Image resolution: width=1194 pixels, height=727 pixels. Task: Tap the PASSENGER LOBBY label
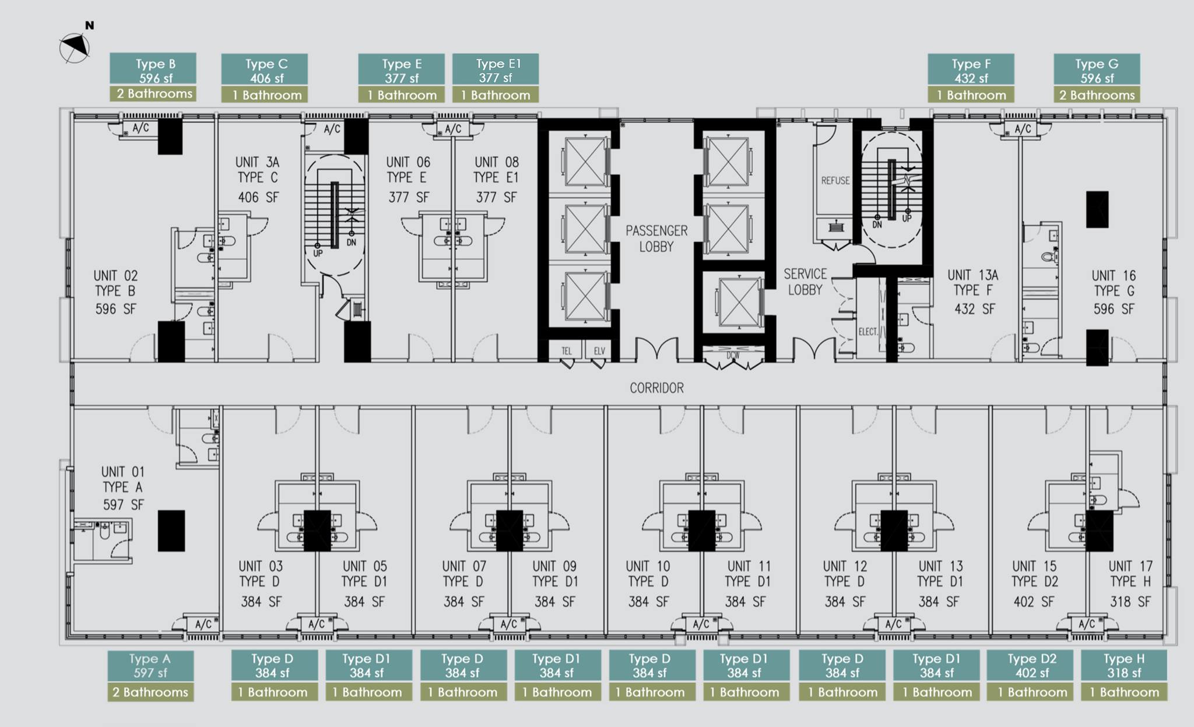tap(656, 238)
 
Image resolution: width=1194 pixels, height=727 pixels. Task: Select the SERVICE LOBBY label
tap(805, 282)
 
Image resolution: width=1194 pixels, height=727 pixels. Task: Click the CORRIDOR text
tap(656, 388)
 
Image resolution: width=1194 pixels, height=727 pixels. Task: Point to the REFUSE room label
tap(835, 181)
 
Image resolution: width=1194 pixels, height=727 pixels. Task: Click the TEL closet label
tap(567, 351)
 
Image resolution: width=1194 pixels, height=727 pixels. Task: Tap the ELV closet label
tap(599, 351)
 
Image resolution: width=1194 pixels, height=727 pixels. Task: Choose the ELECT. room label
tap(868, 332)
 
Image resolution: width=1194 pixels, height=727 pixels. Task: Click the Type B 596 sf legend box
tap(153, 69)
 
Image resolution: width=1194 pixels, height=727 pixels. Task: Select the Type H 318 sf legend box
tap(1124, 665)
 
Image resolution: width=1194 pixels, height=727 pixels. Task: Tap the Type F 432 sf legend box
tap(971, 69)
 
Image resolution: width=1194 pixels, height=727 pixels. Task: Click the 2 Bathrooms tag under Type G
tap(1097, 94)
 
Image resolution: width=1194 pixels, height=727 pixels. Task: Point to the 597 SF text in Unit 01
tap(123, 505)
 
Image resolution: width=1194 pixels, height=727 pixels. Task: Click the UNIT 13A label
tap(972, 275)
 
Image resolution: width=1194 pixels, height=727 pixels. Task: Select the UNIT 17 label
tap(1130, 566)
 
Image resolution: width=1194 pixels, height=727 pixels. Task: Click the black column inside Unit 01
tap(171, 531)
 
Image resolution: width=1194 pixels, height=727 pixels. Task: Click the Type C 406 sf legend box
tap(264, 69)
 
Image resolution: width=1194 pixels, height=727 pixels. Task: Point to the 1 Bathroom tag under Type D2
tap(1032, 692)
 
